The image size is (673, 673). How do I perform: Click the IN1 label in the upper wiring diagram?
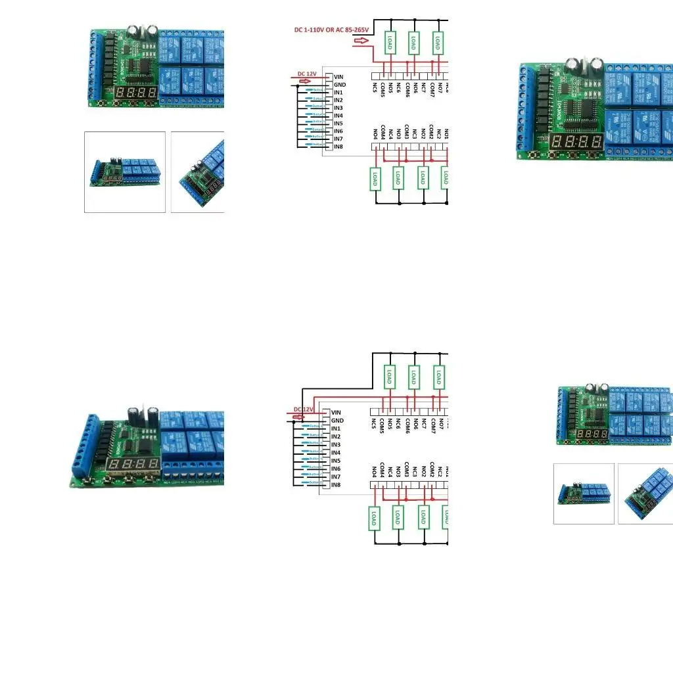click(x=338, y=93)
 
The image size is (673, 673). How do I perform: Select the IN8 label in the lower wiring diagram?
click(x=336, y=484)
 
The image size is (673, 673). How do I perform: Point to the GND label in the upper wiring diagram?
click(x=340, y=85)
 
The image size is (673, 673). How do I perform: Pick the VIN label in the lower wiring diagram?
click(x=336, y=413)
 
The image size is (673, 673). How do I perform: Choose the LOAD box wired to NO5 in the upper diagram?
click(x=390, y=43)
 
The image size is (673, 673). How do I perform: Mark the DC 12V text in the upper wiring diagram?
click(x=307, y=74)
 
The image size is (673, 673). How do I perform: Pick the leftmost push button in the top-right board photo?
click(x=543, y=155)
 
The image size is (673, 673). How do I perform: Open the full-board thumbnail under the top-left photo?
click(x=125, y=172)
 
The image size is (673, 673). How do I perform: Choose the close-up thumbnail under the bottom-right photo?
click(x=645, y=494)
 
